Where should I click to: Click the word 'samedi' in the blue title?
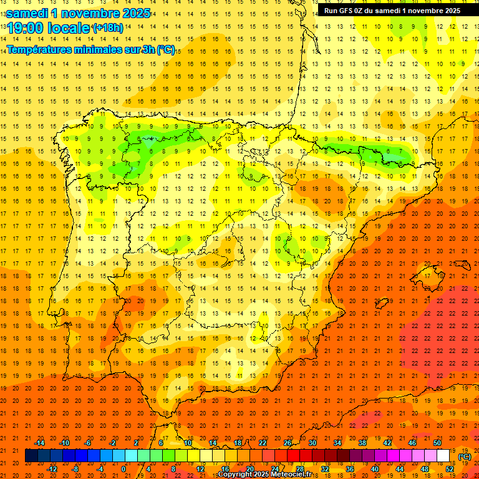click(28, 13)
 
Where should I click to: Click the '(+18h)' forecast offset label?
click(107, 28)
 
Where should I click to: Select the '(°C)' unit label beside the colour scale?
click(464, 457)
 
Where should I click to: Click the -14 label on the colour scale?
click(40, 443)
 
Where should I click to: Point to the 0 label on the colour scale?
click(123, 469)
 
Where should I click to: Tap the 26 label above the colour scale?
click(288, 443)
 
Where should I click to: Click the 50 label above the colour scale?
click(437, 443)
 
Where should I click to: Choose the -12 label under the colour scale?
click(52, 469)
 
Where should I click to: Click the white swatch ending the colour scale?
click(443, 456)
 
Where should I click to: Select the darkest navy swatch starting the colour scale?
click(31, 456)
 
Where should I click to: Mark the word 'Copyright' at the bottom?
click(235, 475)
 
